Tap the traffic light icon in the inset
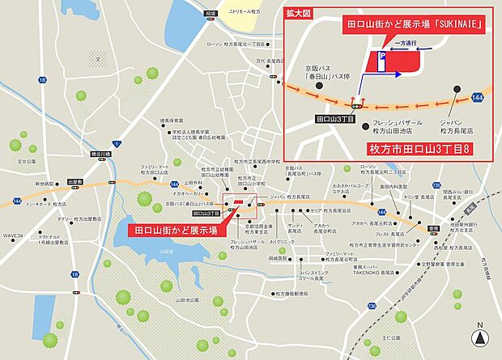(x=355, y=104)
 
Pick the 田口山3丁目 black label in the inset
(x=331, y=119)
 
